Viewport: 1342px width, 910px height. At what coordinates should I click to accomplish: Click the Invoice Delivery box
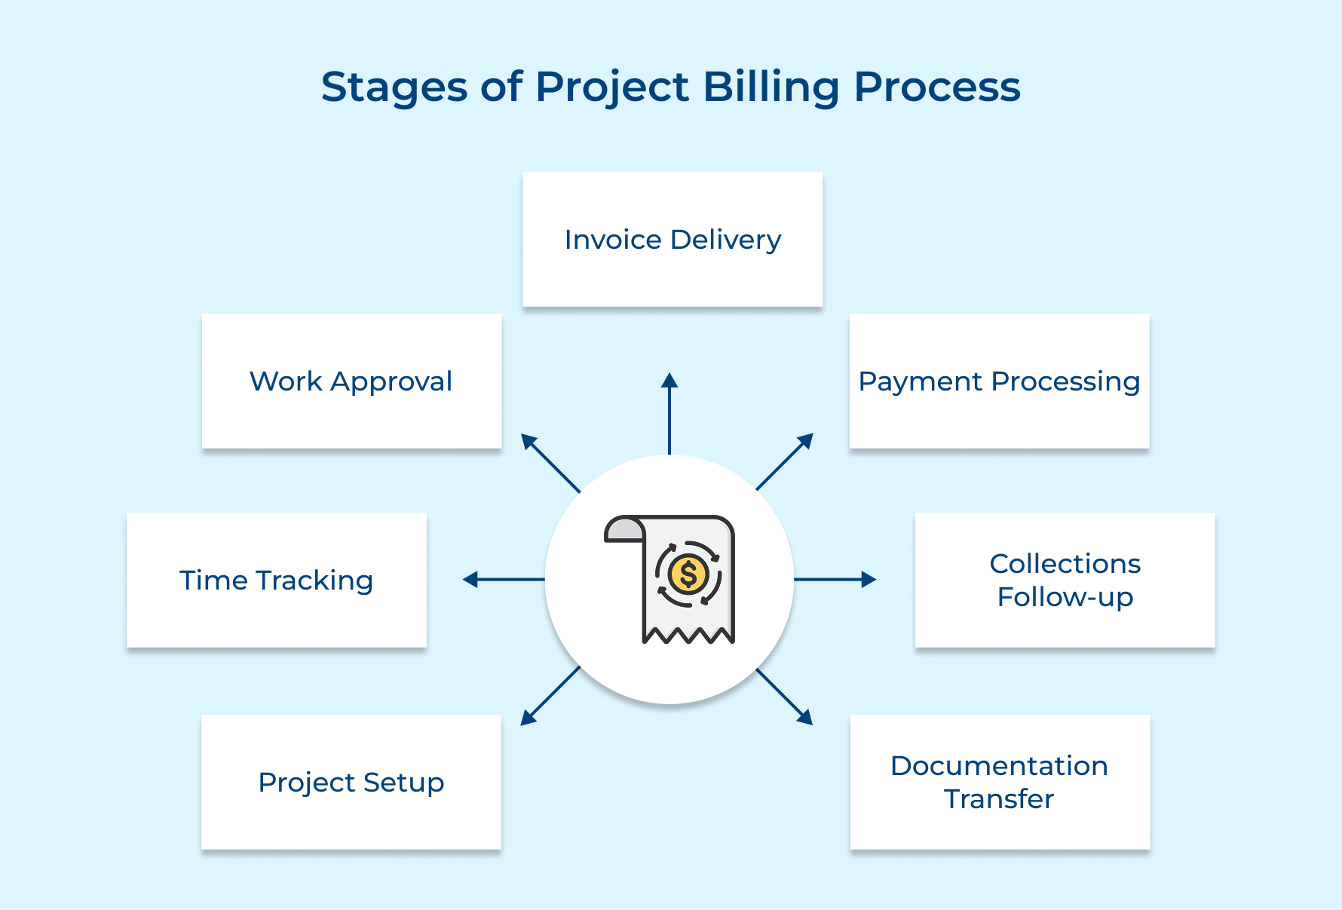coord(673,239)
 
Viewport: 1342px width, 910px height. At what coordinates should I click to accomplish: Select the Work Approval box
coord(351,381)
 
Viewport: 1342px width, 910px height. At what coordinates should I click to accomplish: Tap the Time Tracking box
coord(276,580)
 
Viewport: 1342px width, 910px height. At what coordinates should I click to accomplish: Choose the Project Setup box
coord(351,782)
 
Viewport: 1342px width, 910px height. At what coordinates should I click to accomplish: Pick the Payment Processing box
coord(999,381)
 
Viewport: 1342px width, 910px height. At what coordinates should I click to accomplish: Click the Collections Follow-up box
coord(1065,580)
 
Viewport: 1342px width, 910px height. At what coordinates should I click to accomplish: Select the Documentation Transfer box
coord(1000,782)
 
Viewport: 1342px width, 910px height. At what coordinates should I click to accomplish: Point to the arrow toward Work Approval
coord(550,463)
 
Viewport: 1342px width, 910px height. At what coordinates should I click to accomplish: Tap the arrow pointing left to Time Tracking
coord(503,579)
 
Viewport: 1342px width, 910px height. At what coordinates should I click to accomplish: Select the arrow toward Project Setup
coord(550,696)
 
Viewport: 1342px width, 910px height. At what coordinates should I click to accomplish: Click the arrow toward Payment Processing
coord(785,461)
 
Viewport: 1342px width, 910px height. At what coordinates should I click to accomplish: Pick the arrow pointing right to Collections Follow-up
coord(835,579)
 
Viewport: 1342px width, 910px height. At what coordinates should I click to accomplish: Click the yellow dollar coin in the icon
coord(688,574)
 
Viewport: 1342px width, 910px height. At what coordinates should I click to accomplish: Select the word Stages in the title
coord(394,87)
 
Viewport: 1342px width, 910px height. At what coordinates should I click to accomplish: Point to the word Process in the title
coord(937,87)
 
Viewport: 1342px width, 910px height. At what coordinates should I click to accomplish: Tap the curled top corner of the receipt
coord(624,529)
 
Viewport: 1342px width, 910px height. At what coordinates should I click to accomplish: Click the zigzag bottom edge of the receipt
coord(688,636)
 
